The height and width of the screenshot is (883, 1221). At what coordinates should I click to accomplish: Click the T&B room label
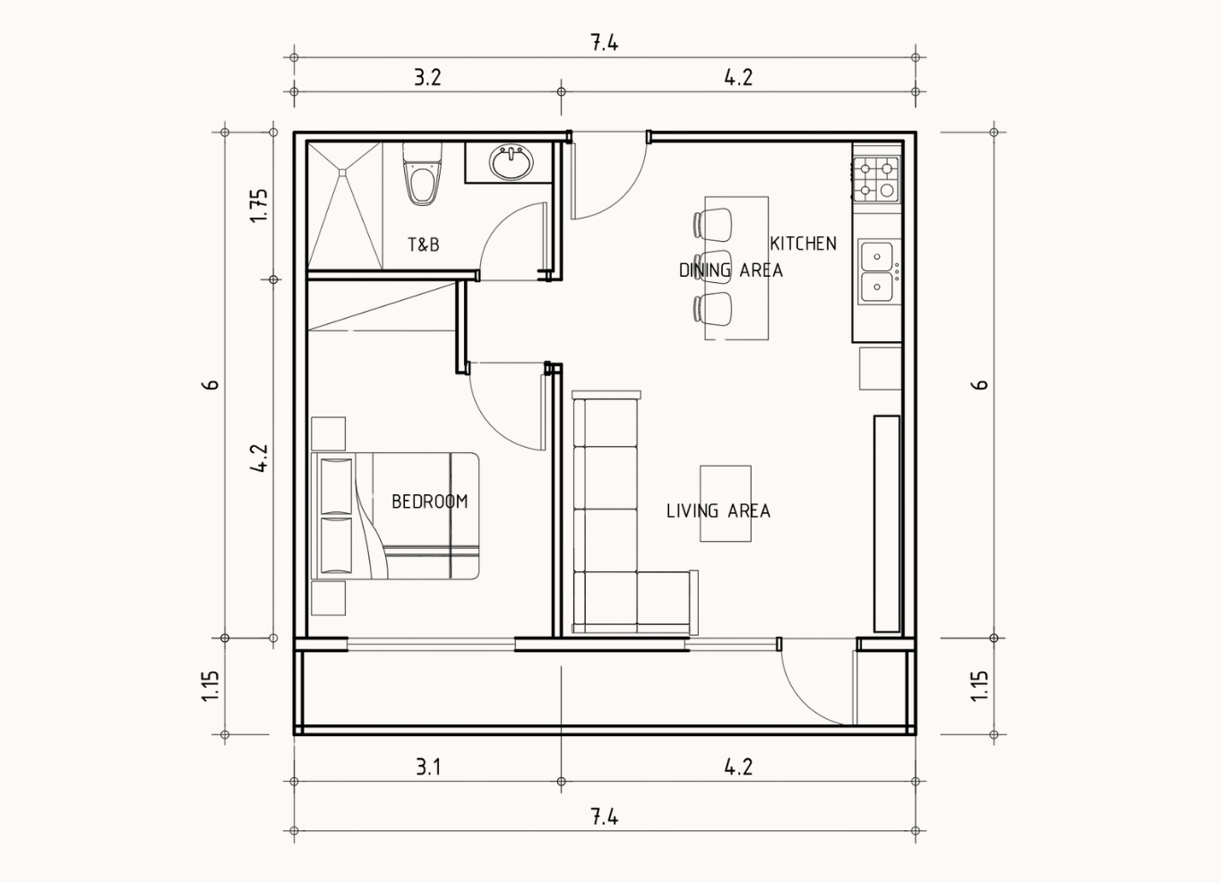424,244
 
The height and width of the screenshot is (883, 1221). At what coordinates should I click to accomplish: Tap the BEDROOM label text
429,502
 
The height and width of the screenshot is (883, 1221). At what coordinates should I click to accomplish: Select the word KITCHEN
803,243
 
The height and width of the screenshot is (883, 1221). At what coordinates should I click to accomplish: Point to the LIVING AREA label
718,510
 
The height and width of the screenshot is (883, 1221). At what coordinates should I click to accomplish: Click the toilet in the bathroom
423,174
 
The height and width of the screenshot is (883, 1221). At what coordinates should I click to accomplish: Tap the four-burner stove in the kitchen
876,179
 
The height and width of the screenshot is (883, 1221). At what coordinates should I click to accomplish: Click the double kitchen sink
878,270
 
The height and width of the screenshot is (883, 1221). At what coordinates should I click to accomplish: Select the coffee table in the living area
726,503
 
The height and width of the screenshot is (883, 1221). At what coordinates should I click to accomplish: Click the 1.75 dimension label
260,205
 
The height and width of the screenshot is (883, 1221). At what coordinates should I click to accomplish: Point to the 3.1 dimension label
428,767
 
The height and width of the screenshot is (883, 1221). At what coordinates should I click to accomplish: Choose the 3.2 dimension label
427,77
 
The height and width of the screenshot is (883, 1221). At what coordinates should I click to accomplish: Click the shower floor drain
342,172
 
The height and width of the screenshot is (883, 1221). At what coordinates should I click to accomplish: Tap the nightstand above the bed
328,433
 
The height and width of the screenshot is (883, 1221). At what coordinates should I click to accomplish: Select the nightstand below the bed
328,598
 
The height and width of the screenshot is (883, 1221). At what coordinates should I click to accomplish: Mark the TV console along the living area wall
887,524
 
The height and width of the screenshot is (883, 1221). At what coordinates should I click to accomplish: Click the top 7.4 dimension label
605,42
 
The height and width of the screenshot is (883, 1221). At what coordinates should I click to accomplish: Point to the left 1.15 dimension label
211,686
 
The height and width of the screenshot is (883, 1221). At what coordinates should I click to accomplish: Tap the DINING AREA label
730,270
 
